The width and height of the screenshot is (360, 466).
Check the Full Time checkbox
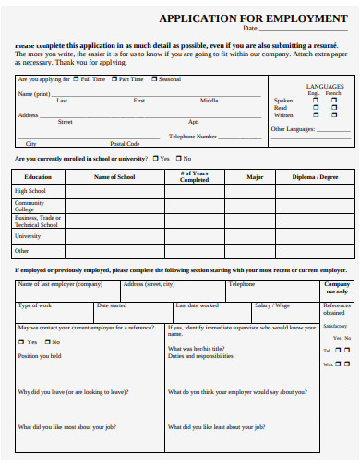pos(77,80)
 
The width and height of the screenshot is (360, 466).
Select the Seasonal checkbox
pos(154,80)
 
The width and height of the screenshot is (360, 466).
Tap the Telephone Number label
pos(193,136)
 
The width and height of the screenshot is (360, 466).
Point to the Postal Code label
pos(125,144)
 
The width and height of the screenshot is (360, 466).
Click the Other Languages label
pos(293,129)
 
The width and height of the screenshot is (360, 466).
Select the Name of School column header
pos(115,176)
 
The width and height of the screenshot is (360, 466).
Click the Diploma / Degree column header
pos(316,176)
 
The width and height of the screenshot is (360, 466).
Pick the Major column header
pos(255,176)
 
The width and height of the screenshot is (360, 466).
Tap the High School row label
pos(30,191)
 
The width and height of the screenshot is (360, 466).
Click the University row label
pos(28,236)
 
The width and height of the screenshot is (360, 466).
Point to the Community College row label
pos(30,206)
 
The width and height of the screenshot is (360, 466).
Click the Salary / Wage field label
pos(272,305)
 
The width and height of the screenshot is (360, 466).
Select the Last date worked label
pos(198,305)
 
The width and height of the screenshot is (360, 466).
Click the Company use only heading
pos(337,288)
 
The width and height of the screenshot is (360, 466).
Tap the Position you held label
pos(40,355)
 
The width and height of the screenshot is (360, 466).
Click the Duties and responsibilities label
pos(200,355)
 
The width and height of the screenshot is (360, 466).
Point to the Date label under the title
pos(249,29)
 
